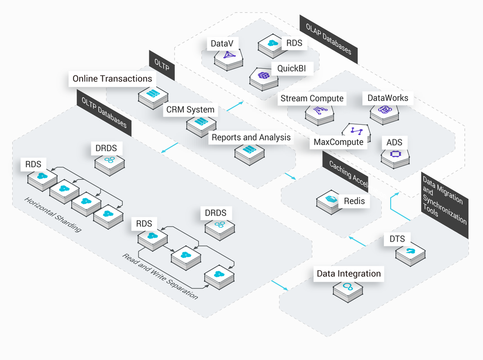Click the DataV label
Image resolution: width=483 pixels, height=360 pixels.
pyautogui.click(x=222, y=43)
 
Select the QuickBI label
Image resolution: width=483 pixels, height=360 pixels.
pyautogui.click(x=291, y=69)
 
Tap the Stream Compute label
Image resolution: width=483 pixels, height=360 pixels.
pyautogui.click(x=312, y=99)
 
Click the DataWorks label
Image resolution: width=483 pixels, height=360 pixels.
pyautogui.click(x=387, y=98)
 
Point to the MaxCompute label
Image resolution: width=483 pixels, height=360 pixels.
pyautogui.click(x=338, y=142)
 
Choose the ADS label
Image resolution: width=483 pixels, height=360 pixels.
pyautogui.click(x=394, y=143)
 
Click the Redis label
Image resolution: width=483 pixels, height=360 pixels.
pyautogui.click(x=354, y=201)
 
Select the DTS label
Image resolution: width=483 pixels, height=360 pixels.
pyautogui.click(x=397, y=239)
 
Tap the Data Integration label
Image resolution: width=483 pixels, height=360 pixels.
pyautogui.click(x=349, y=274)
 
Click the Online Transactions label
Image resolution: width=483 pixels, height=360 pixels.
pyautogui.click(x=112, y=79)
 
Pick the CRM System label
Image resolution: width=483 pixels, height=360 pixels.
pyautogui.click(x=190, y=110)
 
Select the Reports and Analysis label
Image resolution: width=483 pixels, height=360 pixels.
pyautogui.click(x=251, y=138)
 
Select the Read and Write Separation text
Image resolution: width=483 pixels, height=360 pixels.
pyautogui.click(x=159, y=276)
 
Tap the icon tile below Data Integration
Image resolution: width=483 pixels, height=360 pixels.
pyautogui.click(x=347, y=288)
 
